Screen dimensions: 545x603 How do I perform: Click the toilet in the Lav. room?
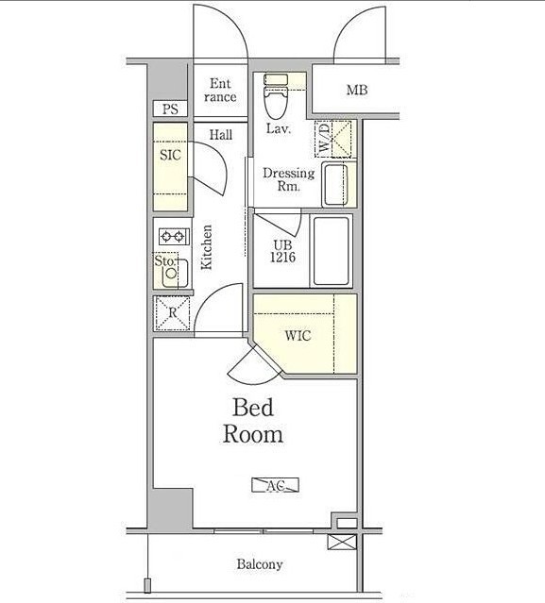point(276,96)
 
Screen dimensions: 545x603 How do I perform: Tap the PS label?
point(170,109)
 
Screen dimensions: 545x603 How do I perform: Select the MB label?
point(357,91)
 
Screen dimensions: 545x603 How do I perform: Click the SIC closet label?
point(170,155)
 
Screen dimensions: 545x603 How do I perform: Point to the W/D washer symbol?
point(333,139)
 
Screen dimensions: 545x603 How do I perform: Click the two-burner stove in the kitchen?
point(174,236)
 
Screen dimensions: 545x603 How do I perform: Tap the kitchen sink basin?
point(175,273)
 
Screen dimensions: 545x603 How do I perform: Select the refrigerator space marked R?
point(172,313)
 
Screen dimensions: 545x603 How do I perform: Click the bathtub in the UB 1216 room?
point(331,251)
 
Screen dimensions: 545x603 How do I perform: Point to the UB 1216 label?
point(283,251)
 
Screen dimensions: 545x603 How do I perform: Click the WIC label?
point(298,336)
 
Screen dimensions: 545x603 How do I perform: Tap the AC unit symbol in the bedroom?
point(275,485)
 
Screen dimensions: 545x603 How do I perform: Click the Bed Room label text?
point(253,421)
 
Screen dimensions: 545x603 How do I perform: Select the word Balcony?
point(260,564)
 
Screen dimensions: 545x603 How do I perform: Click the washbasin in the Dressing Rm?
point(335,185)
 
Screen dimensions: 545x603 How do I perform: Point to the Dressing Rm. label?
point(288,179)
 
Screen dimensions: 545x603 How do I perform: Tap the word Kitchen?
point(207,247)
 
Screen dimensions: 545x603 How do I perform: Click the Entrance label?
point(220,91)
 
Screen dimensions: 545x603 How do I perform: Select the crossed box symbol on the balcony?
point(342,543)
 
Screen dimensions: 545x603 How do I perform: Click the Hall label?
point(221,135)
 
